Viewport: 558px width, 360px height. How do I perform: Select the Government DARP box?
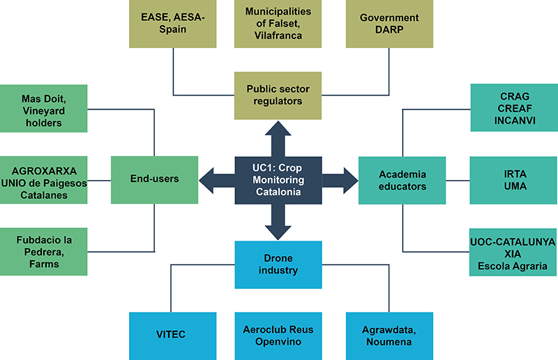(389, 24)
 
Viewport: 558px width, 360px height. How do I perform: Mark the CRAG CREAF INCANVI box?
(513, 108)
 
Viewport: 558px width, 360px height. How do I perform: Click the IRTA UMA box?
(513, 180)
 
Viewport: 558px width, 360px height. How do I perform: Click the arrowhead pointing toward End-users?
(207, 179)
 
